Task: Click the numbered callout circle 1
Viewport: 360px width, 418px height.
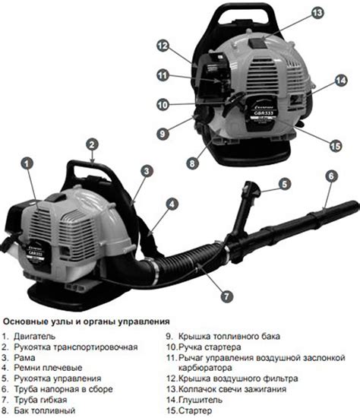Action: [x=27, y=163]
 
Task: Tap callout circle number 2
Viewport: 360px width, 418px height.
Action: [x=92, y=144]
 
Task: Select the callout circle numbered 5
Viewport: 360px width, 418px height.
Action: [x=285, y=184]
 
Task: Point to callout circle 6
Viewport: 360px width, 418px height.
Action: [x=331, y=176]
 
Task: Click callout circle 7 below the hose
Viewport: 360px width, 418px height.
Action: [x=226, y=296]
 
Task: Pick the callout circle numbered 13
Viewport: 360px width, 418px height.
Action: [x=317, y=12]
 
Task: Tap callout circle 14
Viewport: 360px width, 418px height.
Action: [x=341, y=81]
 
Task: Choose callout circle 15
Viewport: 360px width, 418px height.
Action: [x=335, y=146]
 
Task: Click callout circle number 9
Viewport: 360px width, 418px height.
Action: [x=163, y=133]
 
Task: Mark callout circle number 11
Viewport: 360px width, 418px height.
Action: [x=163, y=75]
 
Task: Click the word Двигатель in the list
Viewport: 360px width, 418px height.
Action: [x=34, y=336]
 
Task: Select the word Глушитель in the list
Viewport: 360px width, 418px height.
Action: [x=200, y=400]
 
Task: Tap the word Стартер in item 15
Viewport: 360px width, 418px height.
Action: [x=195, y=410]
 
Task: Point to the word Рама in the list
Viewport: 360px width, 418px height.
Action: [x=24, y=357]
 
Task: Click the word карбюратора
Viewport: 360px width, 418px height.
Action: [x=205, y=368]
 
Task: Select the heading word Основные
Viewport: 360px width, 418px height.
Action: [x=26, y=321]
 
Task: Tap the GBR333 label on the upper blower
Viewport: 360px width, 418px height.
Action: [x=262, y=113]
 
